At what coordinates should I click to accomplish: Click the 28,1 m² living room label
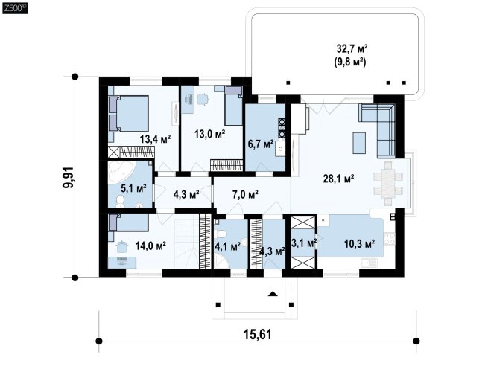point(338,179)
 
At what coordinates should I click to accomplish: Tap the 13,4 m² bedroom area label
point(155,139)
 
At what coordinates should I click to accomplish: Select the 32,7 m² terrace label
point(352,49)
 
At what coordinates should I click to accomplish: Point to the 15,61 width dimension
point(257,335)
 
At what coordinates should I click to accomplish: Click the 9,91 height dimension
point(69,177)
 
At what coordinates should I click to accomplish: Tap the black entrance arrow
point(273,294)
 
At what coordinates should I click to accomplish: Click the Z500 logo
point(15,8)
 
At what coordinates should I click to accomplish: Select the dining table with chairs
point(388,184)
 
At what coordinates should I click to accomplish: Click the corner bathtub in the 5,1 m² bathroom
point(121,172)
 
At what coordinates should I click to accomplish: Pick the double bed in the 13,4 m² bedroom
point(128,114)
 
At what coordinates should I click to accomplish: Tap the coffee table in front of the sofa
point(359,143)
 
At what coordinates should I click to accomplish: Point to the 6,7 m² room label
point(261,144)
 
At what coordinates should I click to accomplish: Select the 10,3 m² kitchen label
point(359,244)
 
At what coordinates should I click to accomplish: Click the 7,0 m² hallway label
point(245,195)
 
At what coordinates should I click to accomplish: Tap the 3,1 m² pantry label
point(304,243)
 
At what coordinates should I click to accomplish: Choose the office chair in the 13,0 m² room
point(203,99)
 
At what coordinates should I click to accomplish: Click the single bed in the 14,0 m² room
point(128,223)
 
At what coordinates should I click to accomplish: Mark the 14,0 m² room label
point(150,246)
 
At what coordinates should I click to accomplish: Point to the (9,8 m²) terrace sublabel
point(350,62)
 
